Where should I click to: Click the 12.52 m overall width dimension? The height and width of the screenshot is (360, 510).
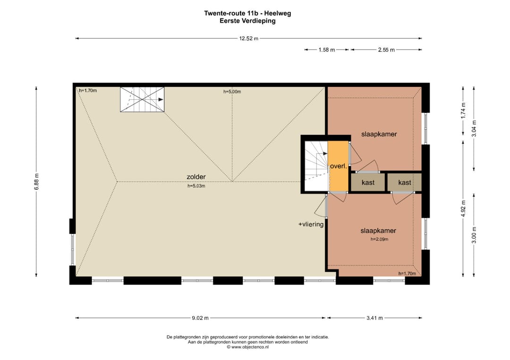249,38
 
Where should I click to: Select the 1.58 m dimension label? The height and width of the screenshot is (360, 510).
327,50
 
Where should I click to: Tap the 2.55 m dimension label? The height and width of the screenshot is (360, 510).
386,50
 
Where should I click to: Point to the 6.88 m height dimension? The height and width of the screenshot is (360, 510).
36,182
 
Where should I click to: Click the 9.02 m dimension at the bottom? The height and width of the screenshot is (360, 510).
200,318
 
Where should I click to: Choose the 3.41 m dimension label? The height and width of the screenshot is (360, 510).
374,318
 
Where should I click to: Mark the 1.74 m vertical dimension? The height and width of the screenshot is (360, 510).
463,111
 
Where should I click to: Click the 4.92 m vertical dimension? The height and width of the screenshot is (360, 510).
463,208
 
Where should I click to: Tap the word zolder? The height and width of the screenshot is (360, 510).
196,177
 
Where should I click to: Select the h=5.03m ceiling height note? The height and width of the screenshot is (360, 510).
196,186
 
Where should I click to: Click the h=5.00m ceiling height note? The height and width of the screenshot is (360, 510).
232,92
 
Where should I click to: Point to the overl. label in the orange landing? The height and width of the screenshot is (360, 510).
339,166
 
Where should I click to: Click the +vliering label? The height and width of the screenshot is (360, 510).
311,224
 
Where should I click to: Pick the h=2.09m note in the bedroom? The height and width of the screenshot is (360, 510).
379,239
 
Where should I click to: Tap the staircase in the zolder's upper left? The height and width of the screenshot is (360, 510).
142,100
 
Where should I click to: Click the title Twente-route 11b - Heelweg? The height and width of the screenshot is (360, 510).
247,13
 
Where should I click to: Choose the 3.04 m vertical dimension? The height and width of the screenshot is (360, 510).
474,129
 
